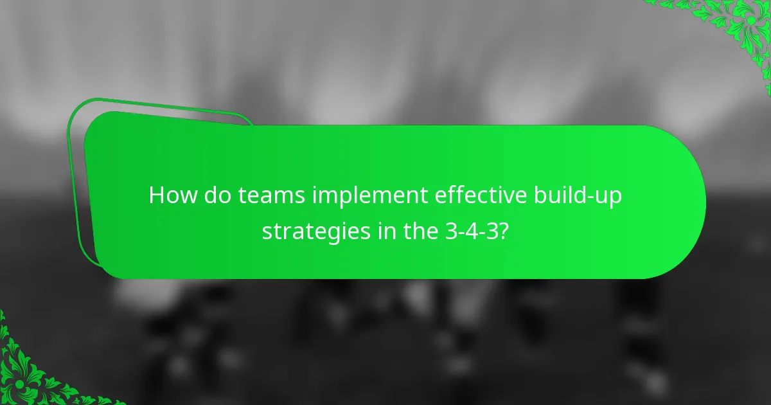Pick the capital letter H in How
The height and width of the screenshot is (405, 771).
pos(156,195)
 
